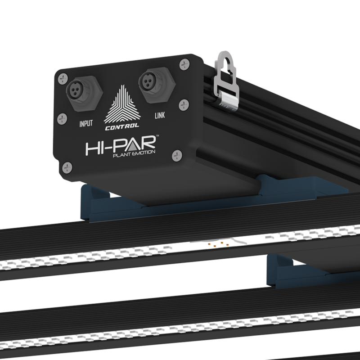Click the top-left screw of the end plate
pyautogui.click(x=60, y=77)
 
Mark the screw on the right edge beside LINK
pyautogui.click(x=183, y=104)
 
